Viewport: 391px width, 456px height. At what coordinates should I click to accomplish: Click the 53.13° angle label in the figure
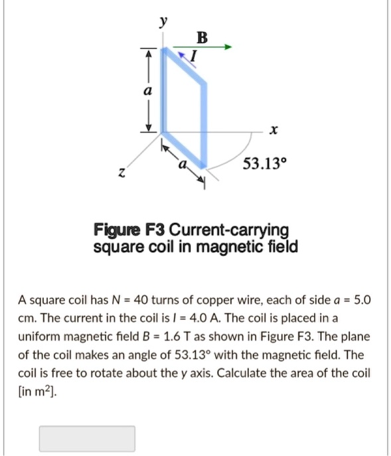coord(263,163)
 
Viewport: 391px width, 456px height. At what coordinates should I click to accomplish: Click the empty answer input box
coord(87,439)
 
